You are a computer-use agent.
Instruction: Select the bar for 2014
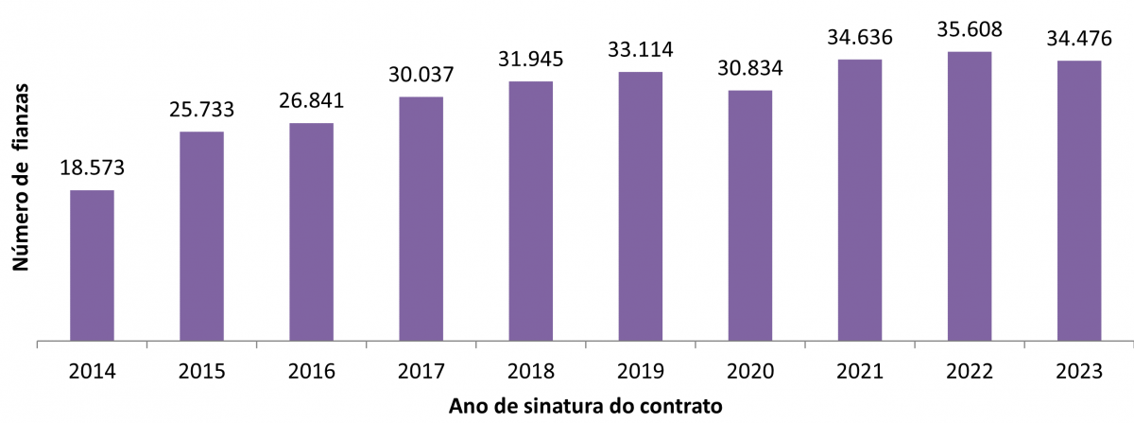click(92, 265)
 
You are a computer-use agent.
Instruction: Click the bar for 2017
click(421, 218)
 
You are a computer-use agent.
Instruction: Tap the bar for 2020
click(750, 215)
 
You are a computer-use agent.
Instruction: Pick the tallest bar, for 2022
click(970, 195)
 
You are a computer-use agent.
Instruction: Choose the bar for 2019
click(641, 205)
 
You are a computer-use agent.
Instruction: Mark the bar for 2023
click(1079, 200)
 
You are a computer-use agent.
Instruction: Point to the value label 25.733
click(201, 110)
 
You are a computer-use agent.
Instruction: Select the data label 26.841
click(311, 101)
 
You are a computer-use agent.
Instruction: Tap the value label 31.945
click(530, 60)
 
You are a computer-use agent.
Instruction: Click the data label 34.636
click(860, 38)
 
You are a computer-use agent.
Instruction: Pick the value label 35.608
click(970, 29)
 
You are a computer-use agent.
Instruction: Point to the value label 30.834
click(750, 69)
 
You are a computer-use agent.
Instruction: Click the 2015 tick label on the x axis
click(201, 372)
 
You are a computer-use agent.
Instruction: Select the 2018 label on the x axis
click(530, 372)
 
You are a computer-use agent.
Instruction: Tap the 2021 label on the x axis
click(860, 372)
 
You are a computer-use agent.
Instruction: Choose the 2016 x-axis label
click(311, 372)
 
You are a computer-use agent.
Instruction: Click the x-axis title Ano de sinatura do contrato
click(586, 407)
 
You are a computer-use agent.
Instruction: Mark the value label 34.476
click(1079, 39)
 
